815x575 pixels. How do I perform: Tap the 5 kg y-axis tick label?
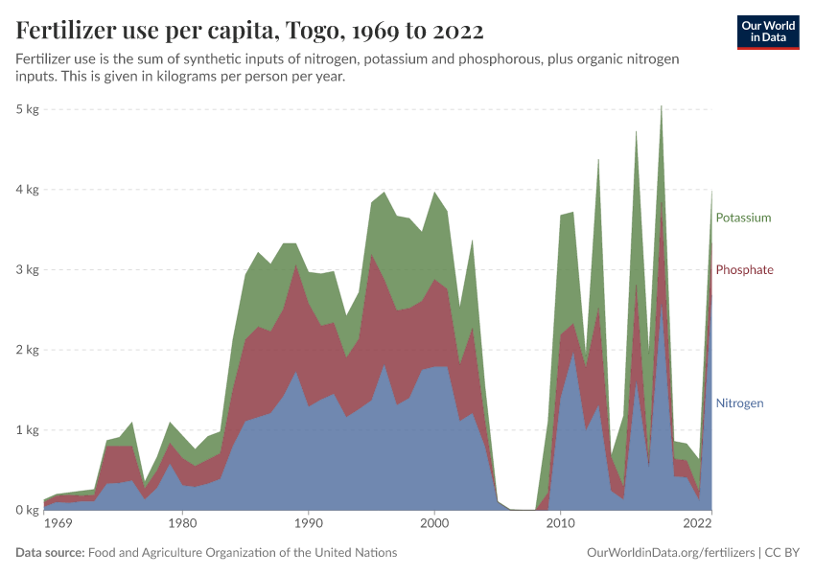27,109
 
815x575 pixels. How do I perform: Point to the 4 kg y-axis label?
27,190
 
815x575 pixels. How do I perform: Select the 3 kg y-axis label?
27,269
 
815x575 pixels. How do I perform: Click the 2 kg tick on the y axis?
27,350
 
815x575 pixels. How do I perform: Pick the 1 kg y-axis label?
27,430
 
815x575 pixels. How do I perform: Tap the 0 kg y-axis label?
27,510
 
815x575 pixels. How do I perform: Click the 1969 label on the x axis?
58,525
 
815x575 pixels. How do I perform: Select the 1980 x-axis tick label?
181,525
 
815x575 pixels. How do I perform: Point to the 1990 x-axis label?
308,525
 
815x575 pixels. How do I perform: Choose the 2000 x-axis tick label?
434,525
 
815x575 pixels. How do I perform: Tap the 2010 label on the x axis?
561,525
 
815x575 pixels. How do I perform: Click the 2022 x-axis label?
697,525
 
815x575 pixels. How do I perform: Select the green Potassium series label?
743,218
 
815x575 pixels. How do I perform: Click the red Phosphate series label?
744,270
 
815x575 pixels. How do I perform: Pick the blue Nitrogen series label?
739,403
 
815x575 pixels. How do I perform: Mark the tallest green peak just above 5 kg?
661,107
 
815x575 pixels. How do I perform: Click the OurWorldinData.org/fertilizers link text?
668,553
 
